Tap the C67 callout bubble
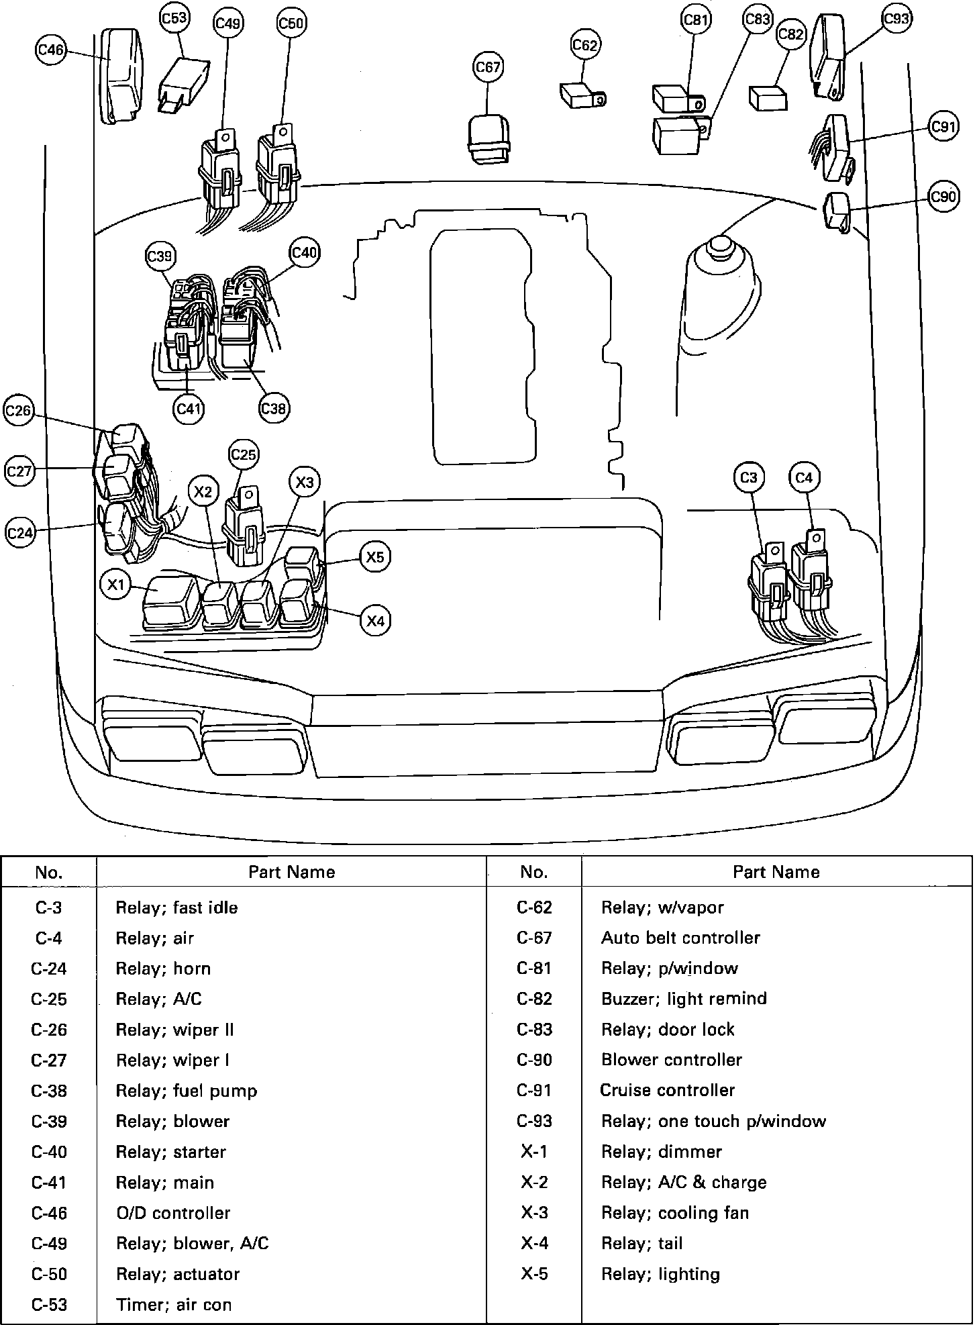488,67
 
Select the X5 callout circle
375,556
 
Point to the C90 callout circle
943,197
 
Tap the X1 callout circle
117,585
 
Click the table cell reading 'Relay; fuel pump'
187,1091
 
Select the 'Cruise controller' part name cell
668,1090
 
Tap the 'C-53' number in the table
49,1304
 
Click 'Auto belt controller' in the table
680,938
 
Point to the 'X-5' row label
534,1273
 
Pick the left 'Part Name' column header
291,872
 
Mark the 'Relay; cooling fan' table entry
674,1212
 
